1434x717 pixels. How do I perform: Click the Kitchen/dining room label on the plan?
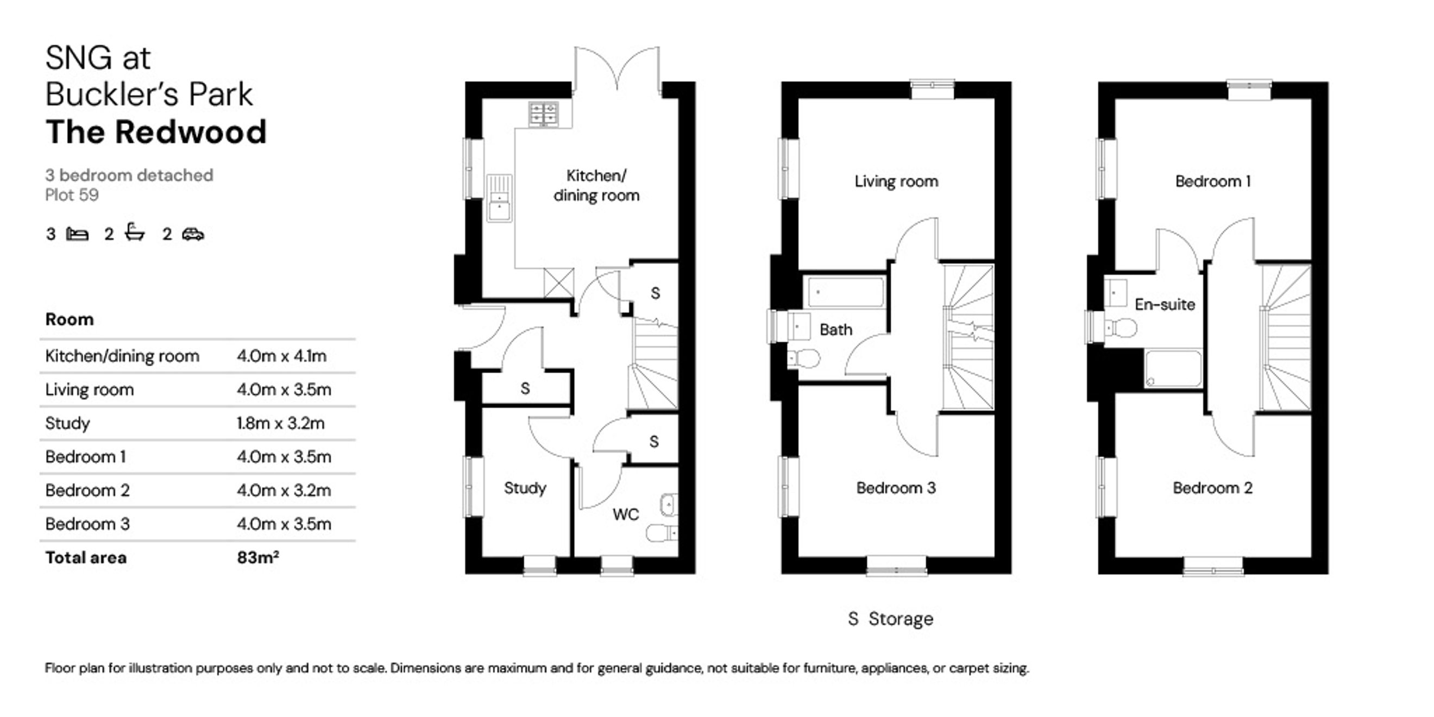tap(596, 185)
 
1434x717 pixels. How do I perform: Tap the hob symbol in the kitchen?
tap(543, 114)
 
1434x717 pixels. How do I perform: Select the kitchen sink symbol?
tap(499, 198)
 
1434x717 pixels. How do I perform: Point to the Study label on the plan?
tap(525, 488)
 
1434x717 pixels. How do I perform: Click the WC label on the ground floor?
tap(626, 514)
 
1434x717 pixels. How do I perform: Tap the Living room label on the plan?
tap(896, 181)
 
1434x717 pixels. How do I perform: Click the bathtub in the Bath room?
tap(846, 292)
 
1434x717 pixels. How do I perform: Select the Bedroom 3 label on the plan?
tap(896, 488)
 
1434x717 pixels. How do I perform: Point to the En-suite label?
tap(1165, 305)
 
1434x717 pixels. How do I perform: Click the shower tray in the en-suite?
tap(1173, 368)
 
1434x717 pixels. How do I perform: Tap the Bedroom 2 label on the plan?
tap(1212, 488)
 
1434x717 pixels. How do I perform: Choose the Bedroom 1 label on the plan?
tap(1213, 181)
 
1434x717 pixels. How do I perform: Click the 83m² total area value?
tap(258, 557)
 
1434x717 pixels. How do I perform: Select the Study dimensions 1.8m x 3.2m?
tap(281, 423)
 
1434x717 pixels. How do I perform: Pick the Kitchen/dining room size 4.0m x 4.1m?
tap(282, 356)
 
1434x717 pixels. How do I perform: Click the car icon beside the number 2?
tap(193, 234)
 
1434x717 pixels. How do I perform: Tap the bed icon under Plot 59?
tap(77, 234)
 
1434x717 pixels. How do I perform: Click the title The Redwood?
tap(156, 132)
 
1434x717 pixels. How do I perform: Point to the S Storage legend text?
tap(891, 619)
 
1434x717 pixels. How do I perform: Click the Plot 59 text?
tap(72, 195)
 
